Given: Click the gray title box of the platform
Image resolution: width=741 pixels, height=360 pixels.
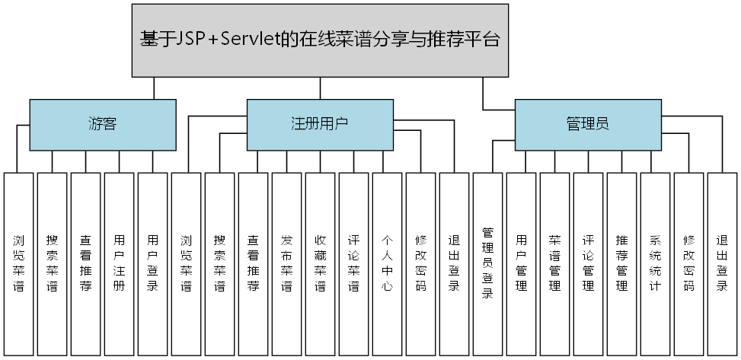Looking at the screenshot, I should [x=320, y=40].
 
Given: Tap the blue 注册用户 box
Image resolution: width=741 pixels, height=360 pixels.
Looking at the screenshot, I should [x=320, y=123].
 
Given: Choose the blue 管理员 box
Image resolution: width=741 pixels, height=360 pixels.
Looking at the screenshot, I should [x=587, y=123].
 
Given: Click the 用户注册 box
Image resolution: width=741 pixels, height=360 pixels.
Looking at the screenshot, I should [x=119, y=263].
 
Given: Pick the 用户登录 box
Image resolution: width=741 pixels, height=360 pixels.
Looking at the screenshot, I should [x=152, y=263].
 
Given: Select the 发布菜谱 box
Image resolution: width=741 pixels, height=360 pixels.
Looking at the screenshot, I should [x=286, y=263].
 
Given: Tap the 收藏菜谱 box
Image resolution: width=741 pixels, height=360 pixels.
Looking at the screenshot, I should [x=320, y=263].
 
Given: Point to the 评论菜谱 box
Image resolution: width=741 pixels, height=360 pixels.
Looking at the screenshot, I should [x=353, y=263].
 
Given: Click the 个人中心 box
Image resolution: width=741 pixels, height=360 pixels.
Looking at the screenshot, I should [x=387, y=263].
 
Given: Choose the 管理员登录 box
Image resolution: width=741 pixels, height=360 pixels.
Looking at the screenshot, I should [x=487, y=263].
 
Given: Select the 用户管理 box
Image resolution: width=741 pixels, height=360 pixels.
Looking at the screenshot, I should [x=521, y=263].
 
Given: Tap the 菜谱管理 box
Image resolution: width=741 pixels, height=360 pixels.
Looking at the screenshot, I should [x=554, y=263].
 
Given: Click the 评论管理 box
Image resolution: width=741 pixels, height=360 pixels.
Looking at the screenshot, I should [x=588, y=263].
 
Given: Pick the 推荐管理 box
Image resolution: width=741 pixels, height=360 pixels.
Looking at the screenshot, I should [x=621, y=263].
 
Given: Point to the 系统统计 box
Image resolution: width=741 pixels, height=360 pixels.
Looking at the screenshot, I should [x=655, y=263].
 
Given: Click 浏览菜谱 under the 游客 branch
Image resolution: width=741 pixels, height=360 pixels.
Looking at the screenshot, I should [x=18, y=263].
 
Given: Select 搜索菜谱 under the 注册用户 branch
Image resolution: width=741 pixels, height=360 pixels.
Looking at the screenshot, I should [x=219, y=263].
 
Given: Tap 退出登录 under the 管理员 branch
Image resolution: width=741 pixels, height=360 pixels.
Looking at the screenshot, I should [x=722, y=263].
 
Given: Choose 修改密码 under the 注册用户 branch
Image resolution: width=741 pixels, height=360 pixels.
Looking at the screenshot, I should [x=420, y=263].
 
